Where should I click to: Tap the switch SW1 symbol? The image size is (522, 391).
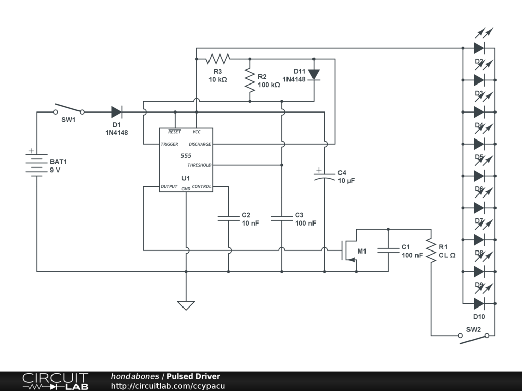click(x=69, y=109)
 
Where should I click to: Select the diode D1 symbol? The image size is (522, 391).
click(x=117, y=112)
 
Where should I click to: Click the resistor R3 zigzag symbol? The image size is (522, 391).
click(x=218, y=59)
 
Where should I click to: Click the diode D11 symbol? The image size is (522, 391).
click(x=314, y=75)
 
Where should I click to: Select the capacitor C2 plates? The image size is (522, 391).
click(x=228, y=218)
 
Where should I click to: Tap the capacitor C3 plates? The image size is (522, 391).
click(x=281, y=218)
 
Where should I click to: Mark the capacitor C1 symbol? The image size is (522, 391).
click(x=388, y=250)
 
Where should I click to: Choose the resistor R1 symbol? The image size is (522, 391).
click(x=431, y=250)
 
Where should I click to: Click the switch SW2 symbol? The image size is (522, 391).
click(x=475, y=338)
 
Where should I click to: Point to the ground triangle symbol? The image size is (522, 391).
click(x=186, y=305)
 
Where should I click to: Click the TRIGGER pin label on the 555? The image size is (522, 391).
click(x=169, y=144)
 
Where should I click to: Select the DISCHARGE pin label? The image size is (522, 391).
click(x=199, y=144)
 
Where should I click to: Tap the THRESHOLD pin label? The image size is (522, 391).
click(x=199, y=165)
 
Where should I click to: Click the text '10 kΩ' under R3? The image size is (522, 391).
click(x=218, y=80)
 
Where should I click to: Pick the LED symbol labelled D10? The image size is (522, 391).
click(x=479, y=303)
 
